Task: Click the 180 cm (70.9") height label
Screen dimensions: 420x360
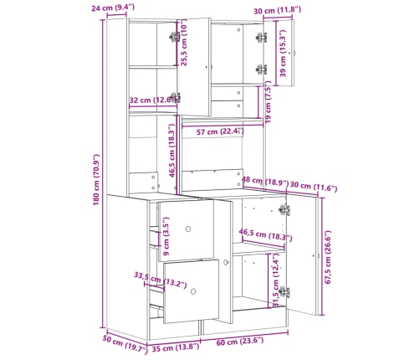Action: coord(96,180)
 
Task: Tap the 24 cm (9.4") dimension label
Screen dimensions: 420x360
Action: coord(113,8)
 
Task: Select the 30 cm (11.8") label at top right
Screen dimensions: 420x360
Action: coord(277,11)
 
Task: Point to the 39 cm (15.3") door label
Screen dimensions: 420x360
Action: coord(283,54)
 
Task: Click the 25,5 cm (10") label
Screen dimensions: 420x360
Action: coord(184,43)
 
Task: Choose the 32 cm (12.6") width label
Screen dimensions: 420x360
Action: coord(152,100)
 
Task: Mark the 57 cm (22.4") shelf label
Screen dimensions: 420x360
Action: coord(220,131)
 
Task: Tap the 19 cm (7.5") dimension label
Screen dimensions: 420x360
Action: coord(268,102)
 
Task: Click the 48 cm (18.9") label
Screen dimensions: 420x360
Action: coord(264,182)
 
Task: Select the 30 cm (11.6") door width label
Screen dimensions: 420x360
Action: coord(314,187)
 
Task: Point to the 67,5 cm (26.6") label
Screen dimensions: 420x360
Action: coord(328,257)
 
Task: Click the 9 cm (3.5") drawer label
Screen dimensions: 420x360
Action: coord(166,236)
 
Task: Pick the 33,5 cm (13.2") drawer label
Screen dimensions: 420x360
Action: coord(160,280)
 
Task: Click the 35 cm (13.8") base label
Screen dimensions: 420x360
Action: coord(176,347)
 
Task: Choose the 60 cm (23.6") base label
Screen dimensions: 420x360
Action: coord(240,342)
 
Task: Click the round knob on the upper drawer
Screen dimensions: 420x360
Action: coord(188,229)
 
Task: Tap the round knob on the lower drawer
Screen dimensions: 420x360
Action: coord(193,291)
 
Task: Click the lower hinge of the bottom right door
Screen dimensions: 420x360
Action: coord(284,292)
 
